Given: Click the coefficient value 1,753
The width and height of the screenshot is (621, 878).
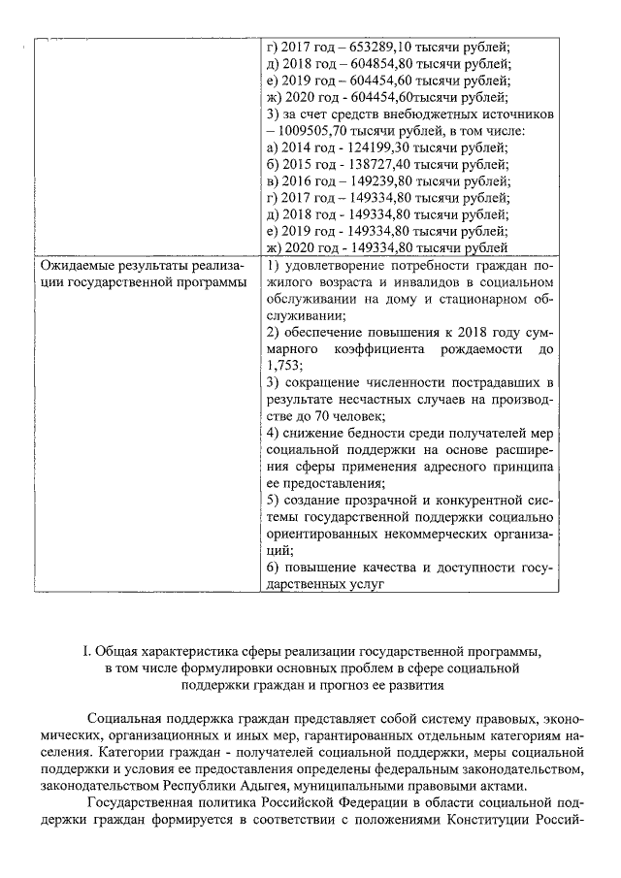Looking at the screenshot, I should [282, 365].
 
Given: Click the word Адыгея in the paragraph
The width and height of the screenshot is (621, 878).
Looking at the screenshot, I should [217, 786].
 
